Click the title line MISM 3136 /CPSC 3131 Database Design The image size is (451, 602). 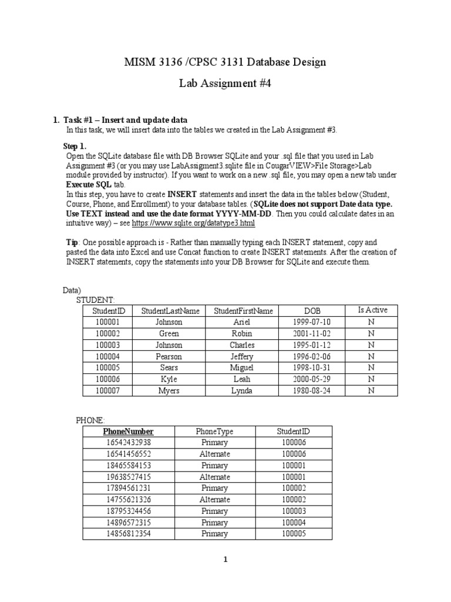(225, 62)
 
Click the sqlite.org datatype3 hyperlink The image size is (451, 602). (193, 223)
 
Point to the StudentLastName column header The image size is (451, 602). (170, 311)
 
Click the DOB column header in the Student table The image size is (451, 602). (312, 311)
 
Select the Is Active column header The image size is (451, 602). (372, 310)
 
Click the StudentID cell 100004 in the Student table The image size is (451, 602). (105, 356)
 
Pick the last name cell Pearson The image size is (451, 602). (169, 356)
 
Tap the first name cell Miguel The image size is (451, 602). (243, 368)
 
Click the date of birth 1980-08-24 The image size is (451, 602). (312, 390)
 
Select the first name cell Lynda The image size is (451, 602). (243, 390)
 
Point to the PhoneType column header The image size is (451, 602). (214, 432)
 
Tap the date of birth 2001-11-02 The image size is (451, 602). (312, 333)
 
